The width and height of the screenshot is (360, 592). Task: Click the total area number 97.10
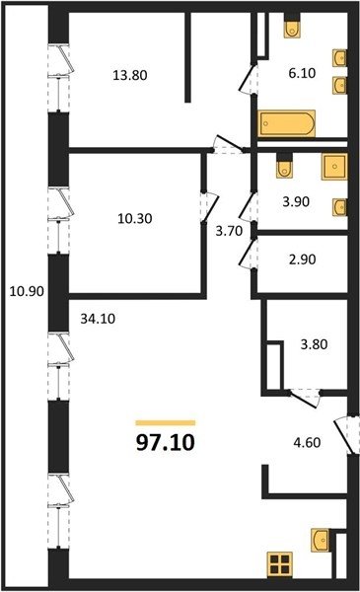[166, 442]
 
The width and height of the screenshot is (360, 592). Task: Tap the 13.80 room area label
[130, 75]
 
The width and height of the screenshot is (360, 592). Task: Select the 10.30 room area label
[135, 218]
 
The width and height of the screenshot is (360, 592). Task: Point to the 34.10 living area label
[98, 319]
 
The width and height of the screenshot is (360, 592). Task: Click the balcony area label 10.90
[27, 291]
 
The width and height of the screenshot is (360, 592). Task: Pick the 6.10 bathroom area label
[302, 73]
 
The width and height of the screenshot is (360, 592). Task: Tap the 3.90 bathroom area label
[296, 201]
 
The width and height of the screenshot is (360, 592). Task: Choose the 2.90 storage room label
[302, 259]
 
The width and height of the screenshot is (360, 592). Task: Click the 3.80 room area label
[314, 344]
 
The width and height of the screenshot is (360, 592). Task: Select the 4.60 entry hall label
[307, 442]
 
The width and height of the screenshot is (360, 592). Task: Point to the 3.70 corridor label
[229, 230]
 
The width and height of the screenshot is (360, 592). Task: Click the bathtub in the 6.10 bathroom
[286, 123]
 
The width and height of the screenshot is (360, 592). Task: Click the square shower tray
[334, 166]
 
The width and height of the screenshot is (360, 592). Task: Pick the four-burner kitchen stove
[280, 564]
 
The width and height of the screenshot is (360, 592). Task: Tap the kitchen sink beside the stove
[320, 541]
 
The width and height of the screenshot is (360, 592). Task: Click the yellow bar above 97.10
[166, 423]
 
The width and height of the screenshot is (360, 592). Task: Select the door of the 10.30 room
[209, 207]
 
